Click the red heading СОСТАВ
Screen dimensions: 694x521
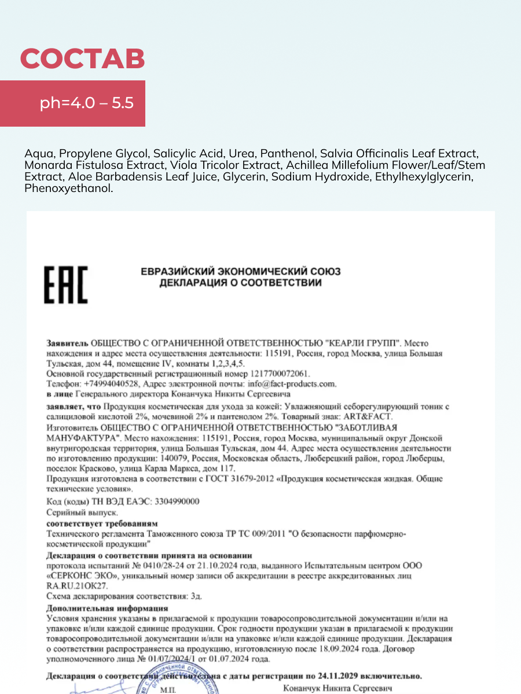tap(82, 59)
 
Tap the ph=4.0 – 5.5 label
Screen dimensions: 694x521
tap(87, 104)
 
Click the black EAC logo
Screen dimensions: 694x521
tap(67, 285)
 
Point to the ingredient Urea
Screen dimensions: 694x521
tap(241, 154)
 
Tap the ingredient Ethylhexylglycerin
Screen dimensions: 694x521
tap(424, 177)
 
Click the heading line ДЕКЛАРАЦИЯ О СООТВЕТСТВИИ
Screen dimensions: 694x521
tap(241, 283)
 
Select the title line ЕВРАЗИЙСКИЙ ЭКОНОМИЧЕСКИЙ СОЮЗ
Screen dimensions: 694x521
tap(241, 271)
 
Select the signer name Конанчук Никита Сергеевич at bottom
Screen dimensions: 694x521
tap(337, 688)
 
